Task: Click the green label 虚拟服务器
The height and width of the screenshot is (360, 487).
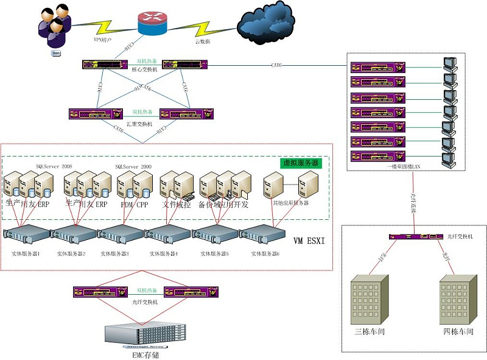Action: (x=300, y=163)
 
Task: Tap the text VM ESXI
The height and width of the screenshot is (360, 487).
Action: (x=309, y=241)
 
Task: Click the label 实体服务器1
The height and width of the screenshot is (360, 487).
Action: (x=26, y=253)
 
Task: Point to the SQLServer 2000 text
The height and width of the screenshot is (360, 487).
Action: (x=133, y=166)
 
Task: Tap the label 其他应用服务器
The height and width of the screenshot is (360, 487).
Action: (x=290, y=202)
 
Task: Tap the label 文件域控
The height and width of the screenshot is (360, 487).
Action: (x=176, y=205)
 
